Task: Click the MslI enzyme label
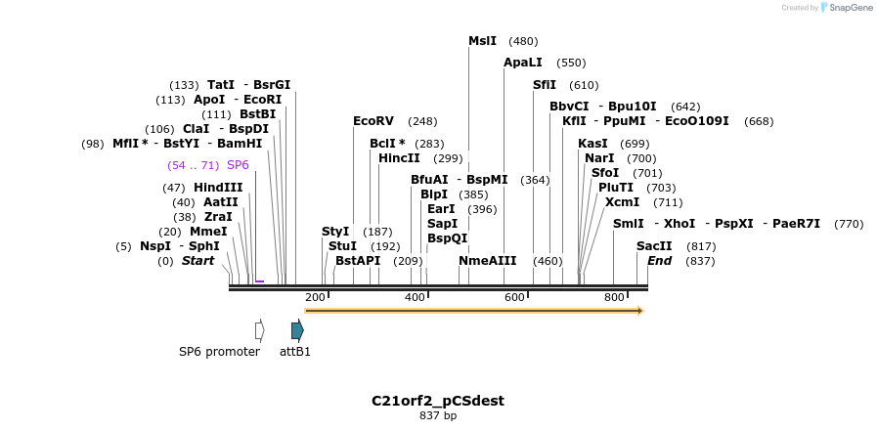(482, 41)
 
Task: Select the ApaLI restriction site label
(522, 63)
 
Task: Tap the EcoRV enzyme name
(373, 121)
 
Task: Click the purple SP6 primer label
(238, 165)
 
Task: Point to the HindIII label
(218, 188)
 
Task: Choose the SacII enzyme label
(654, 246)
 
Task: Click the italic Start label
(197, 261)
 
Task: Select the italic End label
(659, 261)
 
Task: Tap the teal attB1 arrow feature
(297, 330)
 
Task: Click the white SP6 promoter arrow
(259, 330)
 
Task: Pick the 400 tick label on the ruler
(415, 297)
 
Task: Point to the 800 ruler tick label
(614, 297)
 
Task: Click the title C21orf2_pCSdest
(438, 401)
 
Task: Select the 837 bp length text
(438, 416)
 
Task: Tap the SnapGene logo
(846, 8)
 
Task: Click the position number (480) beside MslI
(523, 41)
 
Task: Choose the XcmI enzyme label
(622, 202)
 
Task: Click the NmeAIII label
(487, 261)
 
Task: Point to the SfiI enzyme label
(545, 85)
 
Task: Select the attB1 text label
(295, 352)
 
